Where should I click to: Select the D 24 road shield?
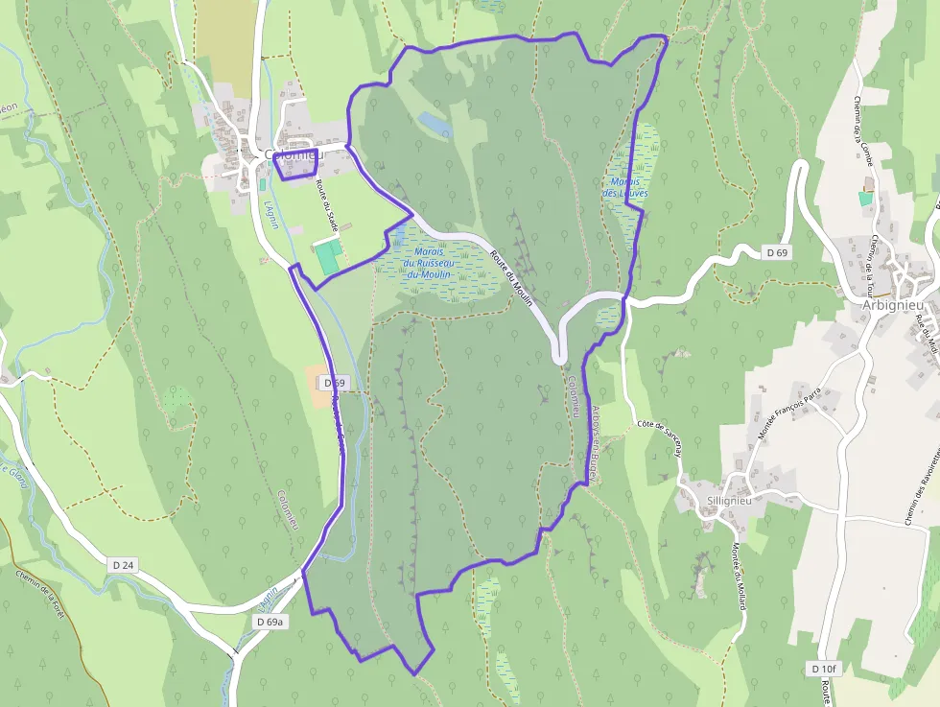tap(122, 565)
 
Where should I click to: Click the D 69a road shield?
tap(270, 622)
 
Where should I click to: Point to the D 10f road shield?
tap(823, 668)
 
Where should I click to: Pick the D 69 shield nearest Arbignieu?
tap(777, 252)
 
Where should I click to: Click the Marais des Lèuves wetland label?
tap(625, 187)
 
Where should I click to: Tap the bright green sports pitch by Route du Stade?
tap(328, 257)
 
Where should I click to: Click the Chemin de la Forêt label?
tap(39, 593)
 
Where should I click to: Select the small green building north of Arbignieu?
tap(865, 199)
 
